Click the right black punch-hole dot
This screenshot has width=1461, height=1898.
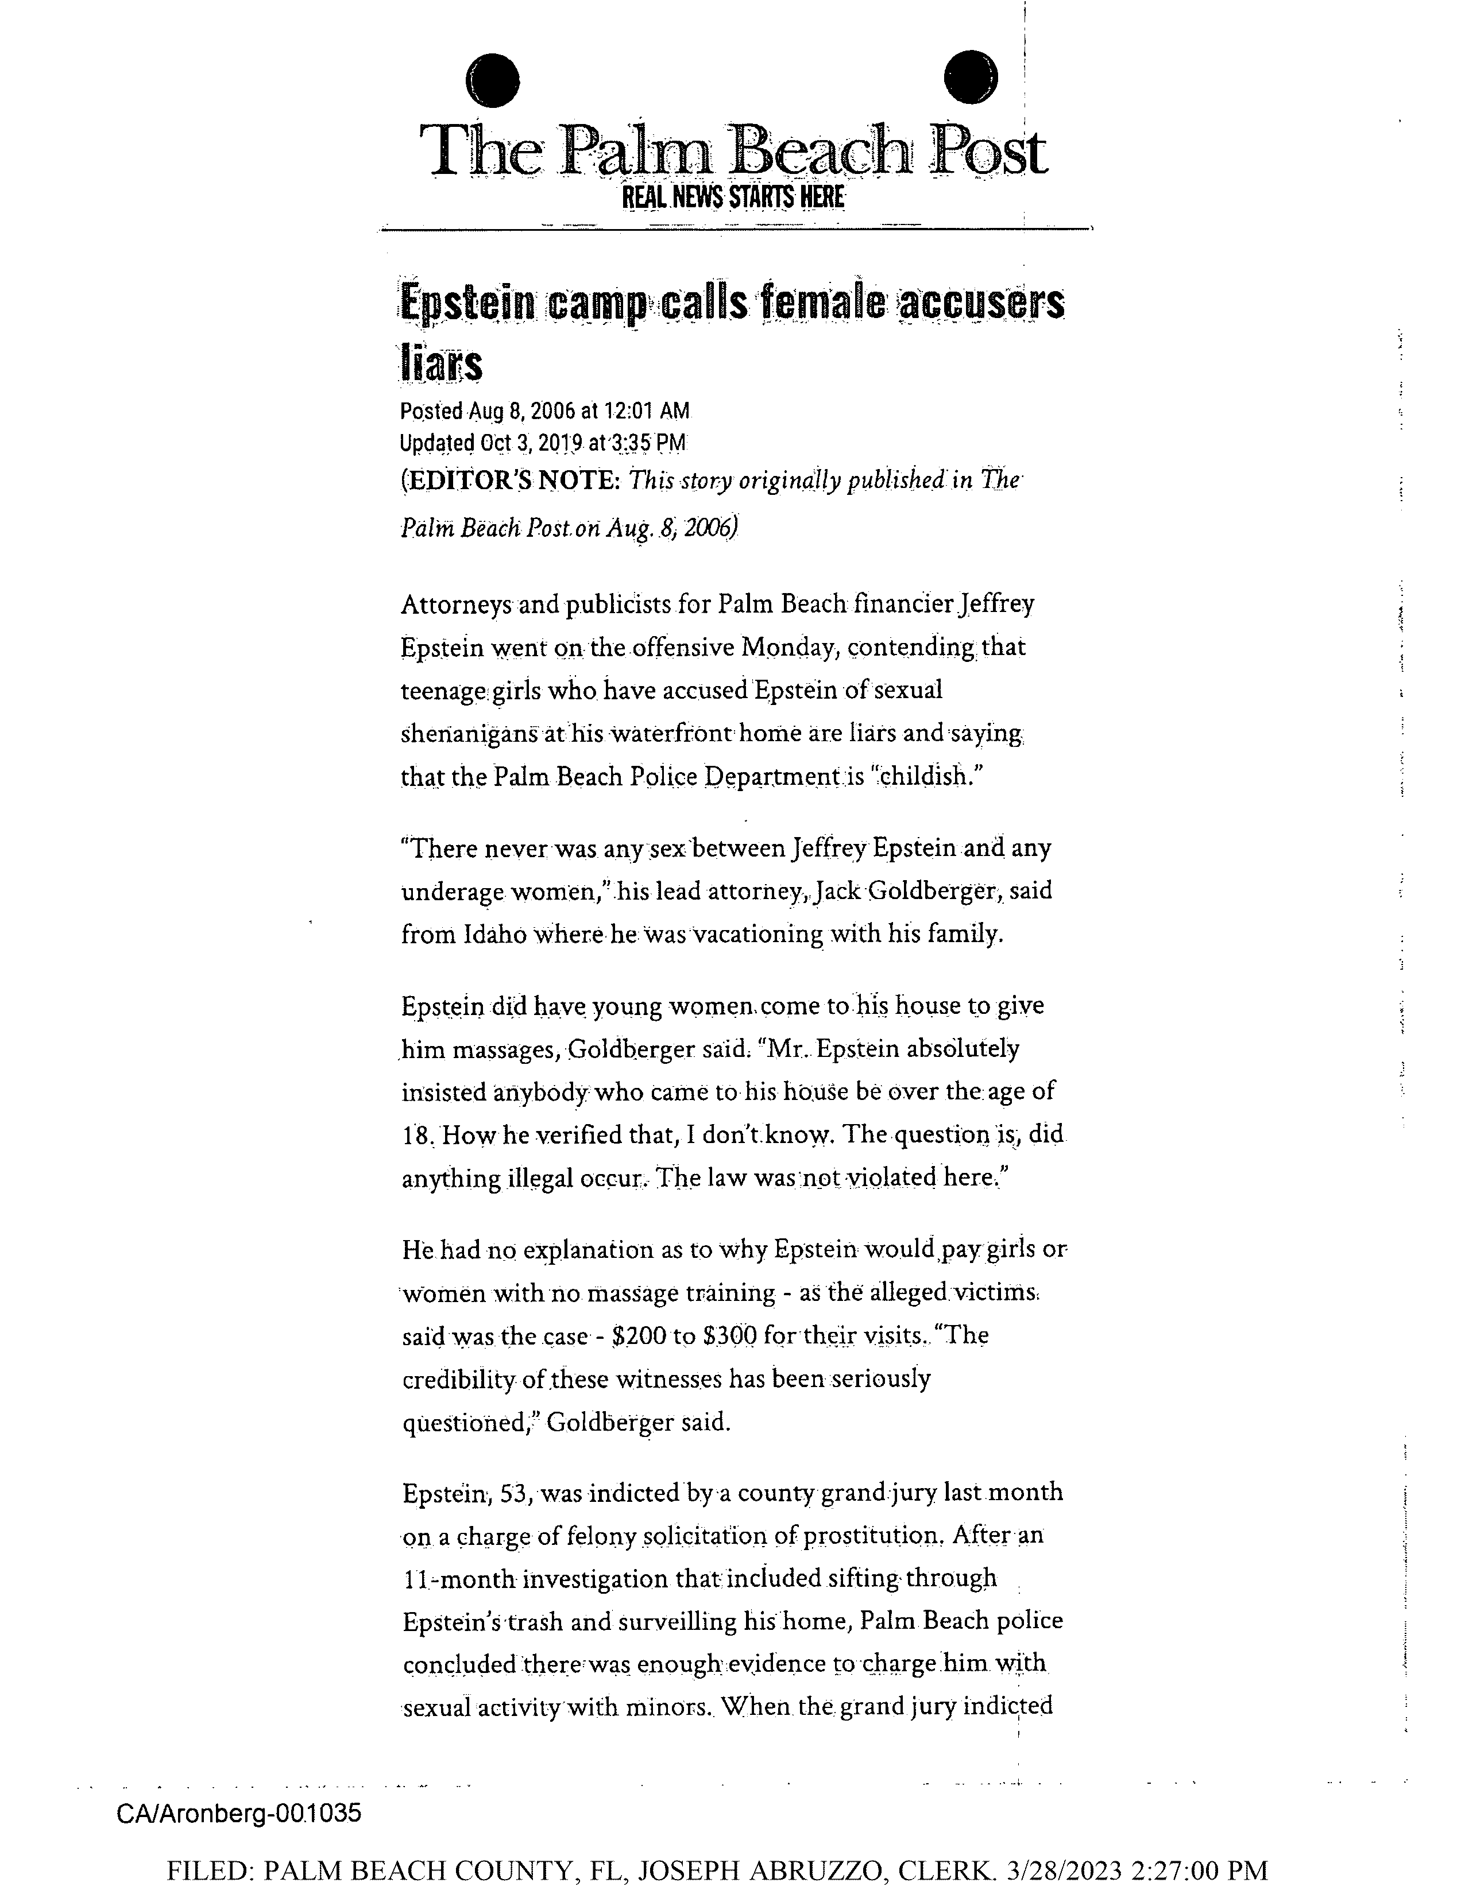(x=970, y=78)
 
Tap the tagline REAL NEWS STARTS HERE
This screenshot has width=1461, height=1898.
(x=733, y=198)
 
